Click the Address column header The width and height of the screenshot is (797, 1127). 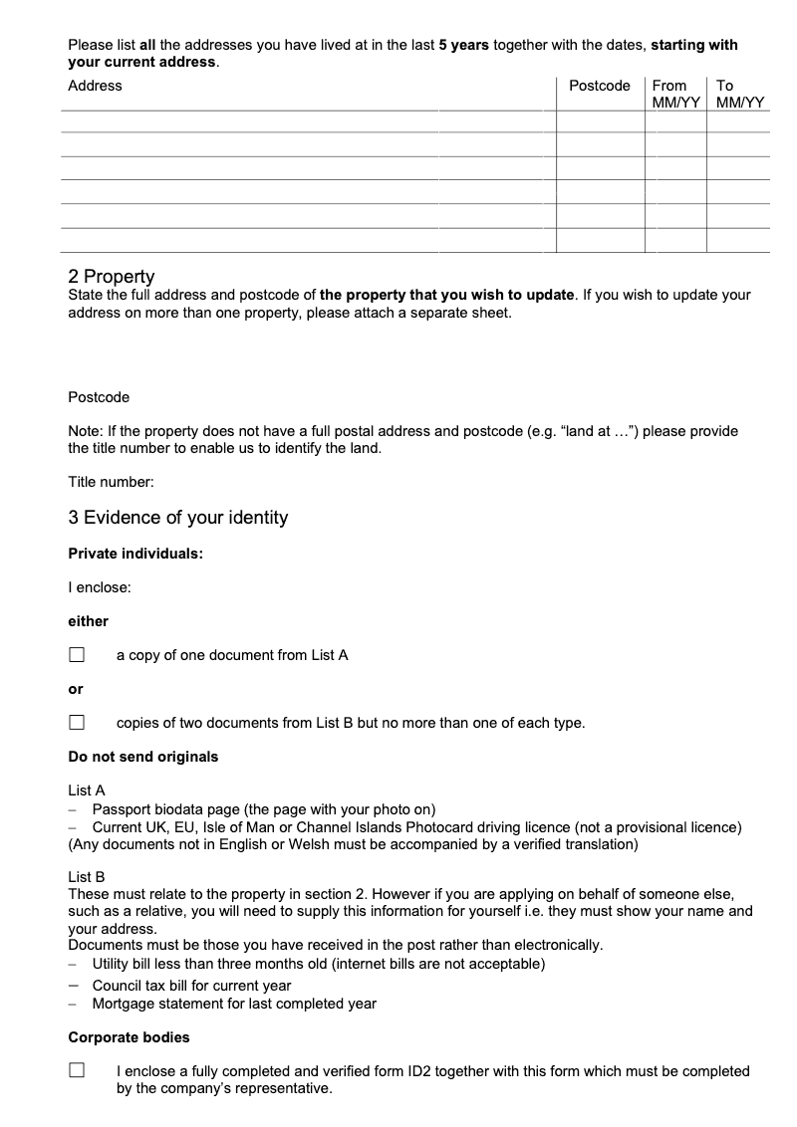point(95,86)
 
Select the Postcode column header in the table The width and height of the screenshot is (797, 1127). point(599,86)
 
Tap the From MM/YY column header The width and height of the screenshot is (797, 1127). point(676,94)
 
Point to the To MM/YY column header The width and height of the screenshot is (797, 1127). point(739,94)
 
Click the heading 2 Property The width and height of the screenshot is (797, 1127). point(111,276)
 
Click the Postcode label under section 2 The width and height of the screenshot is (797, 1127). point(99,397)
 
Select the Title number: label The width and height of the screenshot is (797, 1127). point(111,483)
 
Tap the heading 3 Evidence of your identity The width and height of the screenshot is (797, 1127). point(177,518)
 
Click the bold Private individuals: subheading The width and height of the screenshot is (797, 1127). point(135,554)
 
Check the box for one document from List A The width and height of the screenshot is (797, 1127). point(77,655)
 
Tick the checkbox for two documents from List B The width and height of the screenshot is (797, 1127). point(77,723)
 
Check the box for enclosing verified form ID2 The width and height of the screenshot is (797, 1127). point(77,1071)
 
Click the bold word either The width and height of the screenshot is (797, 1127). point(88,621)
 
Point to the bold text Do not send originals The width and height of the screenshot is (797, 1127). point(142,757)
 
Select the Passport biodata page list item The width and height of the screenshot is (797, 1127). point(263,809)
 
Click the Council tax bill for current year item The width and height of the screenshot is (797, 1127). point(191,986)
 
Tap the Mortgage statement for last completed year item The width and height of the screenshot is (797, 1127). point(234,1004)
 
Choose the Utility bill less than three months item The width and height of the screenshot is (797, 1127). point(318,964)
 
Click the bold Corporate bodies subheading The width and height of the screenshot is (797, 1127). point(129,1037)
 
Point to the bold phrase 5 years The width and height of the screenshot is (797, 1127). point(463,46)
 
